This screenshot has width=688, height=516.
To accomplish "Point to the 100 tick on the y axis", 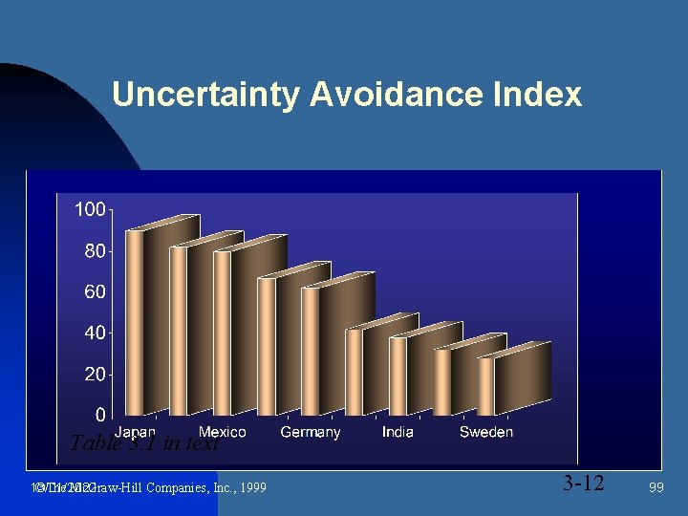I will (x=91, y=209).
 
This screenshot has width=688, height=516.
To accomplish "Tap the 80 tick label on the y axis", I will (x=95, y=251).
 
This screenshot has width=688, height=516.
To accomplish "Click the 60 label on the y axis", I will (x=95, y=292).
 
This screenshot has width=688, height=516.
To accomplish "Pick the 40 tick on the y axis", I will (x=95, y=333).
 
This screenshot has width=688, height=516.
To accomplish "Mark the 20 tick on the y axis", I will (x=95, y=375).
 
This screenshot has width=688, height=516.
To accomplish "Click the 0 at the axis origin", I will (x=100, y=416).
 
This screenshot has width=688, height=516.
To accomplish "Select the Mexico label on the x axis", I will (x=222, y=432).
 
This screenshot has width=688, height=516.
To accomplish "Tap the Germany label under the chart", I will (x=310, y=432).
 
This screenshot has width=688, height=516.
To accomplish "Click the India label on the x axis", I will (x=398, y=432).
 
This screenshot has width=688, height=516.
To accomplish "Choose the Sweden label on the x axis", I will (x=485, y=432).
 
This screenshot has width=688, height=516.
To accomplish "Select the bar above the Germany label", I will (x=311, y=349).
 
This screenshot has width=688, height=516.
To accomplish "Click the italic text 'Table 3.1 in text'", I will (x=144, y=443).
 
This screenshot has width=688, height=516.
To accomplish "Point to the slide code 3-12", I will (x=583, y=484).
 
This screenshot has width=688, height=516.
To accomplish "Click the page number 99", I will (x=656, y=487).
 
